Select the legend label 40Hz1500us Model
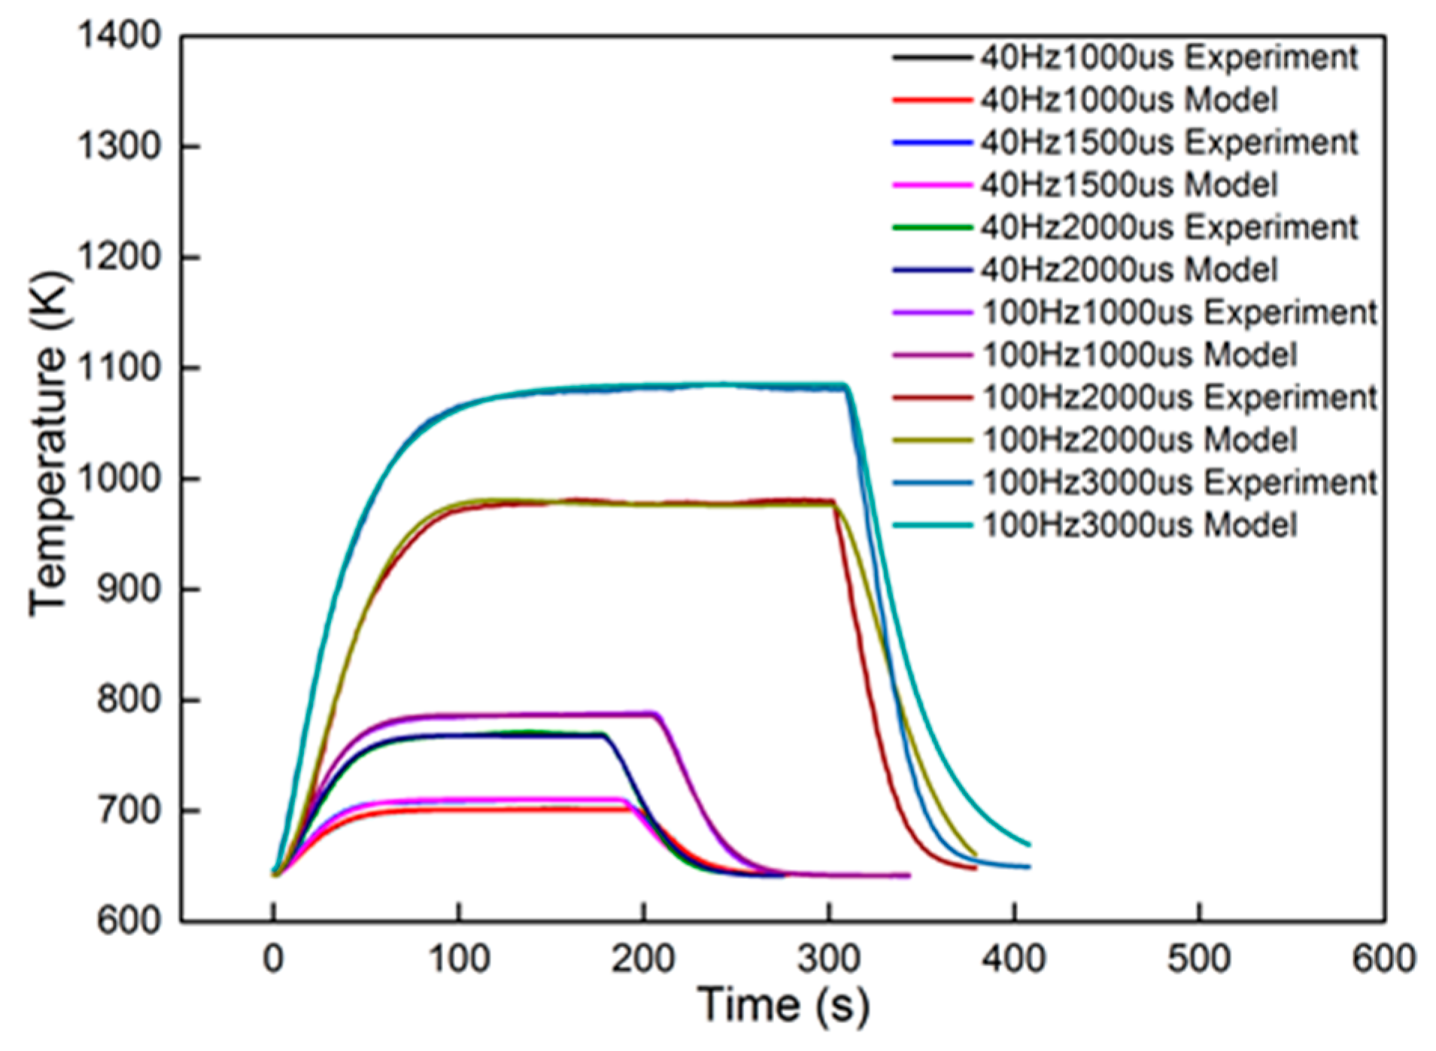(x=1128, y=185)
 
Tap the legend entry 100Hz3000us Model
(x=1139, y=525)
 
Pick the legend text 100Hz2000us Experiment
(x=1179, y=397)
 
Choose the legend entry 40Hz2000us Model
(x=1128, y=270)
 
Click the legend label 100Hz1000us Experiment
(x=1179, y=312)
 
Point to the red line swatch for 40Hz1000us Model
(x=932, y=100)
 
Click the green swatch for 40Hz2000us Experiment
(x=932, y=227)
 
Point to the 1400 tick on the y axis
(x=119, y=35)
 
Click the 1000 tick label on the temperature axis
(x=119, y=478)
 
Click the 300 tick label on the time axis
(x=828, y=959)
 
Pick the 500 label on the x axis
(x=1198, y=959)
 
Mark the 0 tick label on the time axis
(x=273, y=959)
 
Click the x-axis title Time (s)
(x=782, y=1005)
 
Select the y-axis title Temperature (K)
(x=50, y=444)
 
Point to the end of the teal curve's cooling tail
(x=1028, y=845)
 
